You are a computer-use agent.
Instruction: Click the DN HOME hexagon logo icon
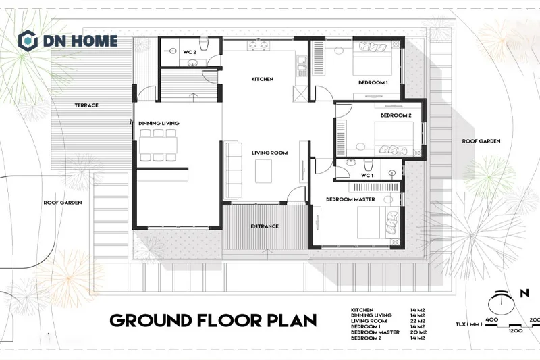click(x=28, y=41)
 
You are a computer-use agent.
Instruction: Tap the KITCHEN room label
click(x=262, y=79)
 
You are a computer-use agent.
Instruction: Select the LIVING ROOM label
click(x=269, y=153)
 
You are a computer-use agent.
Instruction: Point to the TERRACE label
click(x=86, y=105)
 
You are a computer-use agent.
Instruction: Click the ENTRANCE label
click(x=265, y=226)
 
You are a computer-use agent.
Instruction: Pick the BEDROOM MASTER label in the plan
click(x=350, y=199)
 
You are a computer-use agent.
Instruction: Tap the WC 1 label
click(x=367, y=176)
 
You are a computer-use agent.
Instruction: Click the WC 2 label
click(x=190, y=53)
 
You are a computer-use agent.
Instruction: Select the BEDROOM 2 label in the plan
click(x=396, y=115)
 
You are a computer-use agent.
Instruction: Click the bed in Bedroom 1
click(x=373, y=58)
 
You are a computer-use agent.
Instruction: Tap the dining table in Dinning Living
click(x=158, y=145)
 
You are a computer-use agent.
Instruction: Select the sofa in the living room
click(x=234, y=170)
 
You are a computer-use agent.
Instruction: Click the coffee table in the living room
click(x=263, y=171)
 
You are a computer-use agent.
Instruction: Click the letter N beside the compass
click(x=524, y=294)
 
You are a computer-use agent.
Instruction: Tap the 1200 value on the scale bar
click(x=515, y=330)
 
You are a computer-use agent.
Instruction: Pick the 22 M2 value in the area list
click(x=417, y=321)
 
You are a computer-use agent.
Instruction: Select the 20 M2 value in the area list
click(x=418, y=332)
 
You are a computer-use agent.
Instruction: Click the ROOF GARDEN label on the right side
click(x=481, y=141)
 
